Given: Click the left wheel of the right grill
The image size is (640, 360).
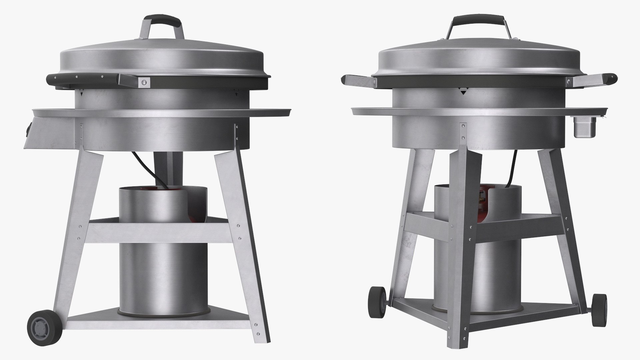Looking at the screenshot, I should (377, 301).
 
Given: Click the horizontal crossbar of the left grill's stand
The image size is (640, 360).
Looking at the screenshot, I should (160, 232).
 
